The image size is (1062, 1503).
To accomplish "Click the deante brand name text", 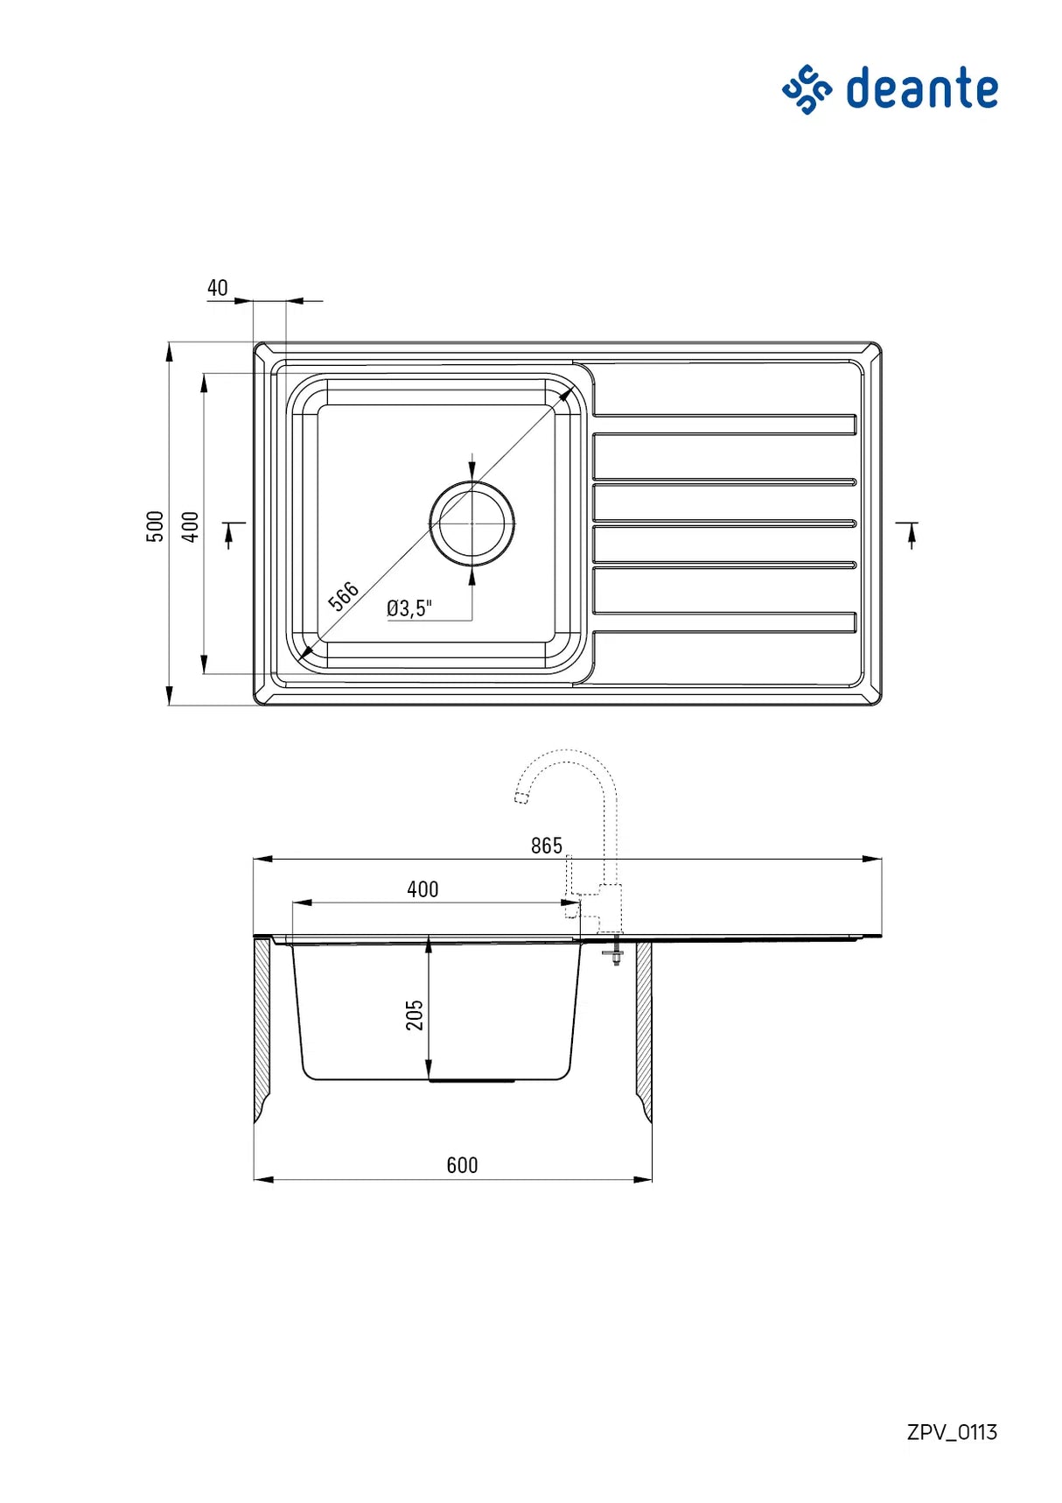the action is [x=922, y=88].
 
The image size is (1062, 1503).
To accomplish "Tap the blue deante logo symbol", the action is [x=807, y=89].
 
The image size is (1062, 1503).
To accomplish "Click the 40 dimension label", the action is [x=218, y=287].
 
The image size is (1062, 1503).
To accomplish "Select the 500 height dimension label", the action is [x=155, y=526].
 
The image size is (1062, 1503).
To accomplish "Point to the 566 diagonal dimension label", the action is [x=343, y=595].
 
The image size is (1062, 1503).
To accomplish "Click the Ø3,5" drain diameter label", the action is [x=409, y=608].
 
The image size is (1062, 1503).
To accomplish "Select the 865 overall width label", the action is [x=547, y=845].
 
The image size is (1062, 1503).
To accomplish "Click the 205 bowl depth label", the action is [x=415, y=1015].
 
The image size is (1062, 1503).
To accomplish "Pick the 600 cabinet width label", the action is [x=462, y=1165].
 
